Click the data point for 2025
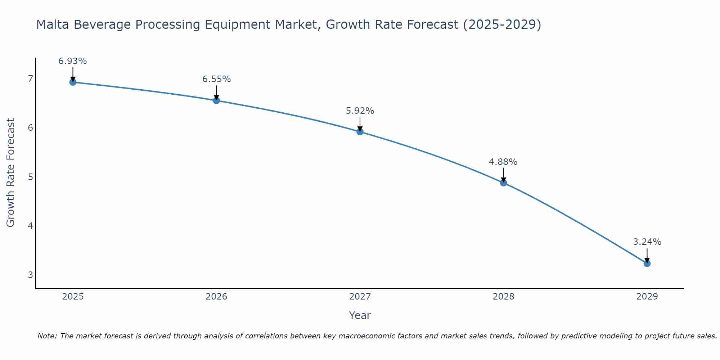pos(73,82)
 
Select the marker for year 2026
pos(216,100)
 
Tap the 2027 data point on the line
pos(360,132)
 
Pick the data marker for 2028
pos(503,183)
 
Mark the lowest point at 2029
pos(647,264)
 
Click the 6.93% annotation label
pos(73,61)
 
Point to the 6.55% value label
pos(216,79)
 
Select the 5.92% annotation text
pos(360,111)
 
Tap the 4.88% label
pos(503,162)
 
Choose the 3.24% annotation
pos(647,242)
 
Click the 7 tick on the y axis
pos(30,78)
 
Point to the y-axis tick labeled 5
pos(30,177)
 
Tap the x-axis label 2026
pos(216,297)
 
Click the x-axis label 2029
pos(647,297)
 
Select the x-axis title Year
pos(360,315)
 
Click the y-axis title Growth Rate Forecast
pos(11,173)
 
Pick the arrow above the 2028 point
pos(503,175)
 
